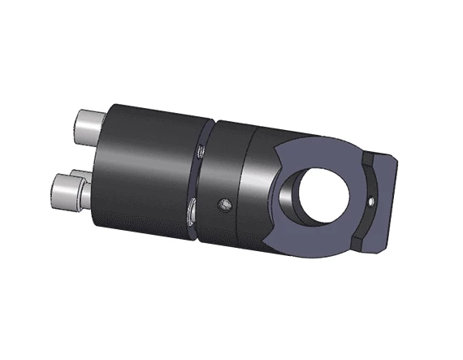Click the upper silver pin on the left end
coord(88,125)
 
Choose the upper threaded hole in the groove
coord(200,151)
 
